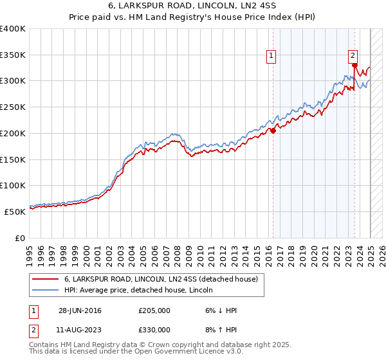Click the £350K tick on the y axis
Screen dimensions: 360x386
pyautogui.click(x=13, y=55)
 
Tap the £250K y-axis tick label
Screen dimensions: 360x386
pyautogui.click(x=13, y=107)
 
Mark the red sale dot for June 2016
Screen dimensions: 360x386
pyautogui.click(x=273, y=130)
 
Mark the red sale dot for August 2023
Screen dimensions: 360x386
pyautogui.click(x=354, y=66)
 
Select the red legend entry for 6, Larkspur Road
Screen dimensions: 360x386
pyautogui.click(x=161, y=278)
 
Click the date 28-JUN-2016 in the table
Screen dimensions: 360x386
pyautogui.click(x=80, y=310)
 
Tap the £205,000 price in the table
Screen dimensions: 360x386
pyautogui.click(x=154, y=310)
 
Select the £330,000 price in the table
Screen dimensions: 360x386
pyautogui.click(x=154, y=329)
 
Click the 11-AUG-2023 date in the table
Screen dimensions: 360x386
pyautogui.click(x=80, y=329)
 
